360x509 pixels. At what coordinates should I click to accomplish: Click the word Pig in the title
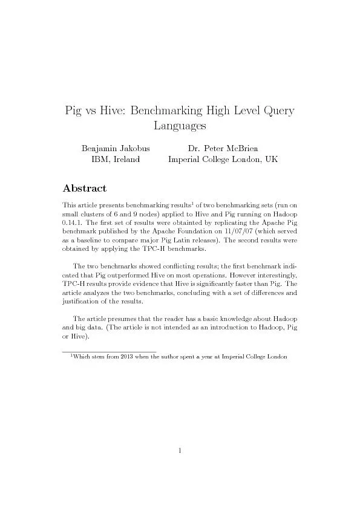[x=76, y=111]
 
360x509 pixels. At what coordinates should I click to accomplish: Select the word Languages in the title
[x=180, y=126]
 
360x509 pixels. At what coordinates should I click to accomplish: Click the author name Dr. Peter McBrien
[x=223, y=148]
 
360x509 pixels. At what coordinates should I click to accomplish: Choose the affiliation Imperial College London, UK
[x=223, y=159]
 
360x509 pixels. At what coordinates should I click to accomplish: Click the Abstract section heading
[x=85, y=189]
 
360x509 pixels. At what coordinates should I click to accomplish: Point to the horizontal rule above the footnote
[x=109, y=351]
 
